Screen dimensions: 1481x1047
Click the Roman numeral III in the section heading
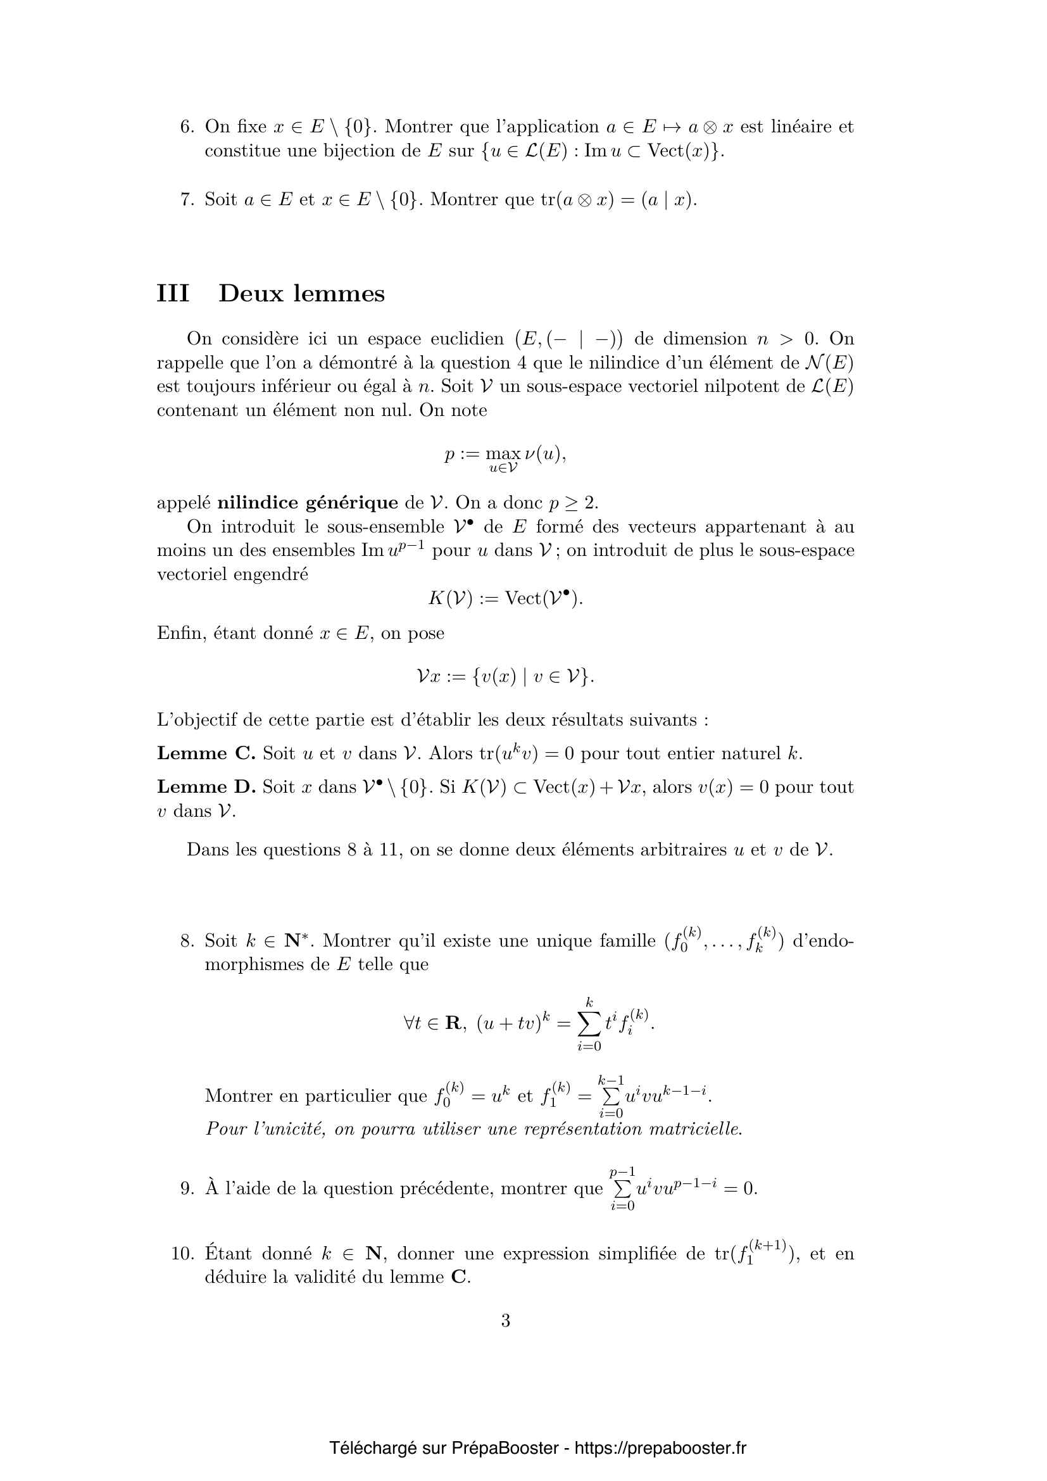[x=173, y=294]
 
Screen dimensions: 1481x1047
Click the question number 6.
[x=186, y=127]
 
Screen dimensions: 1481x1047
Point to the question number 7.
[x=186, y=199]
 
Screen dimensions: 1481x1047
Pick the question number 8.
[x=186, y=940]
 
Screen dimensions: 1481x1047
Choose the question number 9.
[x=186, y=1188]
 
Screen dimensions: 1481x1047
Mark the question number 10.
[x=182, y=1253]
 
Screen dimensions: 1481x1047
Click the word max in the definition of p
[x=503, y=454]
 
